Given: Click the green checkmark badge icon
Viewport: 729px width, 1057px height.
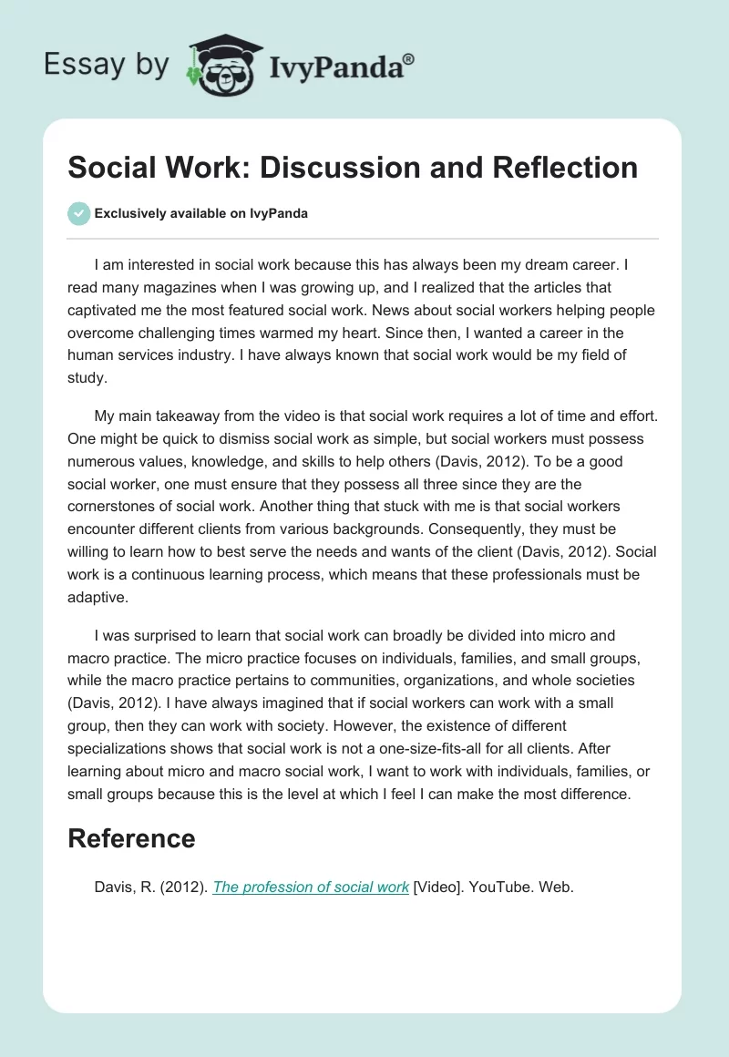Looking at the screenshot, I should tap(78, 213).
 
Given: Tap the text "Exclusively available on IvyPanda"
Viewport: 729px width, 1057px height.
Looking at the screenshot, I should tap(201, 213).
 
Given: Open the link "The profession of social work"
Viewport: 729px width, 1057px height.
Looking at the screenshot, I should tap(311, 887).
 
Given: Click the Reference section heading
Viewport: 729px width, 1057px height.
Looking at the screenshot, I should tap(131, 838).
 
